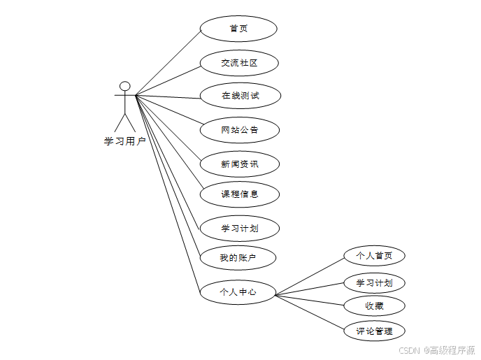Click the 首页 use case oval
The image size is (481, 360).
238,29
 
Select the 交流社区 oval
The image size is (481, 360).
239,63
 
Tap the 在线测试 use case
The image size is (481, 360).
240,95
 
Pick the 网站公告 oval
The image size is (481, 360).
239,129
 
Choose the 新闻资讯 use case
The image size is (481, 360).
239,164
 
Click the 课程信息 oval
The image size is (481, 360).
239,194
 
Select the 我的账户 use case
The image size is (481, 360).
238,258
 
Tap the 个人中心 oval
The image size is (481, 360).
238,292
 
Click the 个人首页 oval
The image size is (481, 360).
374,256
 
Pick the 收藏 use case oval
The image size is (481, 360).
374,305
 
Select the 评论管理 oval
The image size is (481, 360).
374,331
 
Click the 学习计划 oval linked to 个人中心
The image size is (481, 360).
374,283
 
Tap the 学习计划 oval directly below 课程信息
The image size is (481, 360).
239,228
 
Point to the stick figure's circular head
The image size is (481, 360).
124,87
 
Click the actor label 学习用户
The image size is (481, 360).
124,141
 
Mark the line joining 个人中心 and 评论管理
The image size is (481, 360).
309,310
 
